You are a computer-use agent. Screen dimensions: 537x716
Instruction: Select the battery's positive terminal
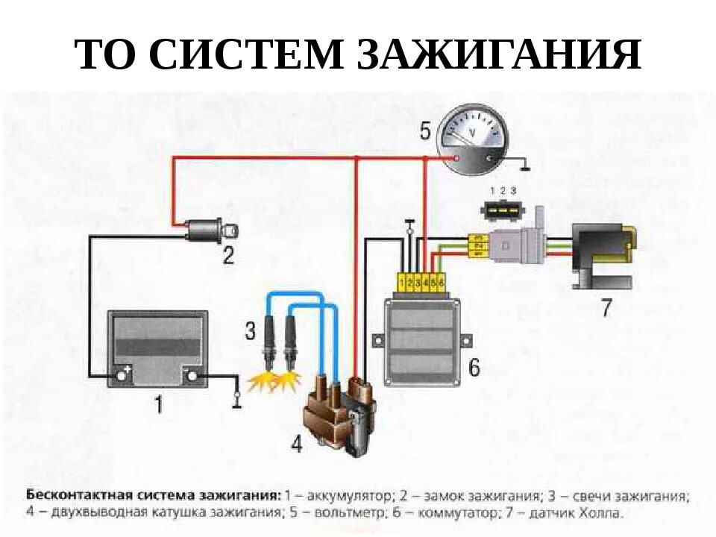coord(122,375)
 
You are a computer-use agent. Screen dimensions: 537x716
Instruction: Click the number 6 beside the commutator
coord(474,367)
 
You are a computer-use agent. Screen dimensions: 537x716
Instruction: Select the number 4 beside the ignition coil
coord(297,445)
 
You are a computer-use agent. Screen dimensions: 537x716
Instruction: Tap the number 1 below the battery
coord(158,405)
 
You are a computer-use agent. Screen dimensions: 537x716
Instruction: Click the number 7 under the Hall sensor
coord(607,307)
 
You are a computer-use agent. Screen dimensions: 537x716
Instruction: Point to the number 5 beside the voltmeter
coord(424,132)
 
